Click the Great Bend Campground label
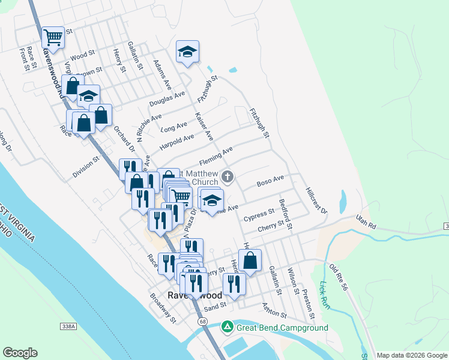click(x=282, y=328)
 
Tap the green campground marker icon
click(x=227, y=328)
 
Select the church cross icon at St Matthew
click(x=227, y=176)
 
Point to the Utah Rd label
click(x=365, y=221)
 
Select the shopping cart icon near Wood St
click(x=53, y=37)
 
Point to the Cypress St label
click(x=259, y=214)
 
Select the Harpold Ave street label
click(x=176, y=142)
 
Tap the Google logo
click(x=20, y=353)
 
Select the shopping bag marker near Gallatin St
click(x=250, y=260)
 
